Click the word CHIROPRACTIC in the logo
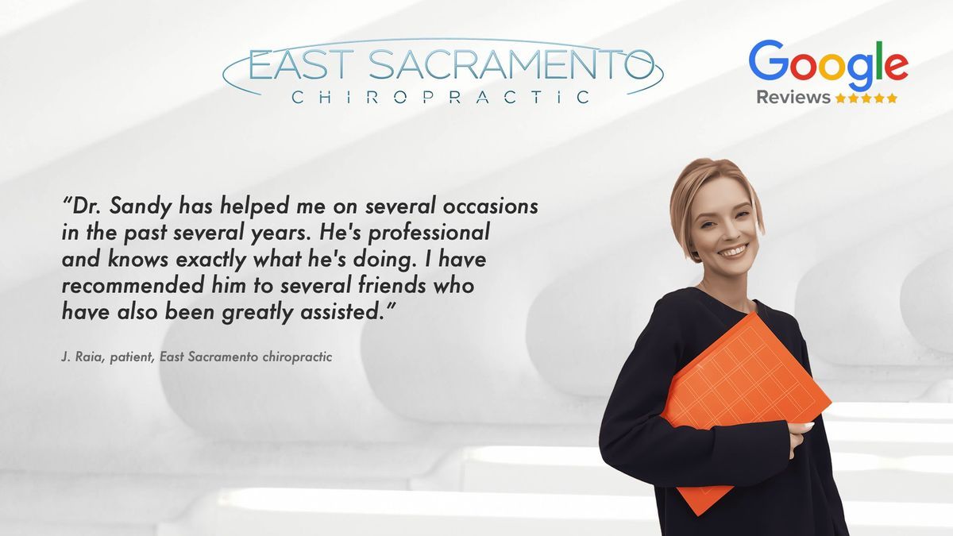tap(441, 98)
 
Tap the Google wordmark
tap(828, 64)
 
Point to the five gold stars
tap(866, 98)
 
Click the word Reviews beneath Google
tap(793, 98)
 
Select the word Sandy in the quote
tap(141, 207)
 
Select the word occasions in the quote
tap(491, 206)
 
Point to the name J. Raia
tap(83, 357)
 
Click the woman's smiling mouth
tap(733, 251)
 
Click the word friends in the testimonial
tap(392, 285)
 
